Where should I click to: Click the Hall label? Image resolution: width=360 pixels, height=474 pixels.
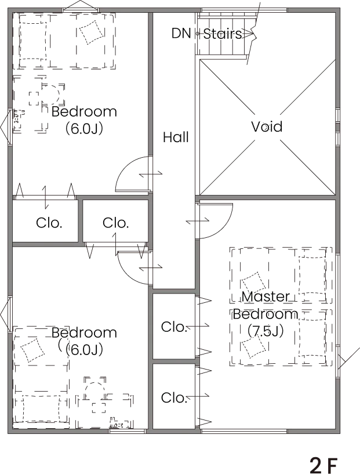tap(176, 138)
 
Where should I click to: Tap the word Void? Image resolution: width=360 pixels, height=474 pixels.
tap(267, 126)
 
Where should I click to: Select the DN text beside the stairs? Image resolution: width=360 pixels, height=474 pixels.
tap(181, 33)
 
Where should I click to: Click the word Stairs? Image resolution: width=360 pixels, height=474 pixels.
tap(223, 34)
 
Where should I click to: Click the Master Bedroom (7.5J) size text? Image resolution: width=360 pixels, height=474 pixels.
tap(266, 331)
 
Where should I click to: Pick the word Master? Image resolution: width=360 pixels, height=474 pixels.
tap(266, 296)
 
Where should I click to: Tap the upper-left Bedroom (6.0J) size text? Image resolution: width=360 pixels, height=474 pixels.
tap(84, 128)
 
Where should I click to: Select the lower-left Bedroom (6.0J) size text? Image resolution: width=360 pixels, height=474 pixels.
tap(84, 349)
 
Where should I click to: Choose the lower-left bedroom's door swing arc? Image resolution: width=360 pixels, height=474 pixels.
tap(126, 274)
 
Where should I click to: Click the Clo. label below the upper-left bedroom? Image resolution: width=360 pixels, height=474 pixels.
tap(49, 223)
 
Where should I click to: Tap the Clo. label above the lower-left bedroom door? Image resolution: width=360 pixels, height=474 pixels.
tap(116, 223)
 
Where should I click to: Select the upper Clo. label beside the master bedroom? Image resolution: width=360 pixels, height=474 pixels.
tap(174, 327)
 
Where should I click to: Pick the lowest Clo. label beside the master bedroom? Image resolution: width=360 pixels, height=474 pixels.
tap(174, 398)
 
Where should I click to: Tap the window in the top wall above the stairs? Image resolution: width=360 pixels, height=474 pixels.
tap(244, 10)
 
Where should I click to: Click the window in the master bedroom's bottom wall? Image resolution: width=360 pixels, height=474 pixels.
tap(244, 432)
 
